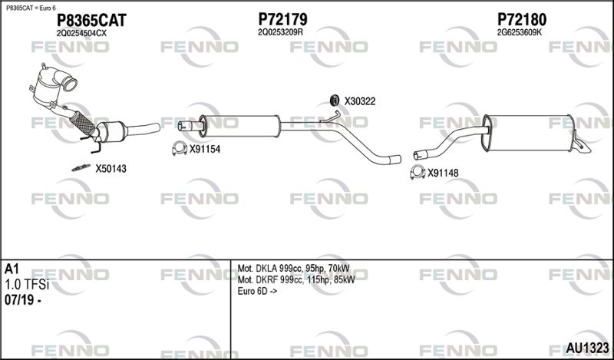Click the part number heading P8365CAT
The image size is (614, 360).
(x=91, y=20)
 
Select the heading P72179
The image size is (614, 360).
(x=282, y=18)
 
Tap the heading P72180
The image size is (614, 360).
(x=522, y=18)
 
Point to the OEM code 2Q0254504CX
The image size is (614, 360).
(x=81, y=34)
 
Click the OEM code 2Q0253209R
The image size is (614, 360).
(x=280, y=32)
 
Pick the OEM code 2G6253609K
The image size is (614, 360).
(x=520, y=32)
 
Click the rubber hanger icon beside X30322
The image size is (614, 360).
(x=334, y=101)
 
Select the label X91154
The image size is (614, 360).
(x=205, y=149)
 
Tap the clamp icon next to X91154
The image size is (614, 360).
(x=180, y=148)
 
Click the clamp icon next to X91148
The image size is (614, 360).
(x=418, y=173)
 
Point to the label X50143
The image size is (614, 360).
(x=111, y=169)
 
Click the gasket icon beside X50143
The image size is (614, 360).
(x=81, y=168)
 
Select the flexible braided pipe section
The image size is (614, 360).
(x=83, y=123)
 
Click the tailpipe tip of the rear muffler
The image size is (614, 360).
(x=583, y=147)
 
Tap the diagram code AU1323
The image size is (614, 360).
(x=587, y=348)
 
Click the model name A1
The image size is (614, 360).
(x=12, y=269)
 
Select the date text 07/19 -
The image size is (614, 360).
(x=23, y=300)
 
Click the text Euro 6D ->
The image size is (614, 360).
(x=257, y=292)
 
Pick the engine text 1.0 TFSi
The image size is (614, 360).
(x=27, y=285)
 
